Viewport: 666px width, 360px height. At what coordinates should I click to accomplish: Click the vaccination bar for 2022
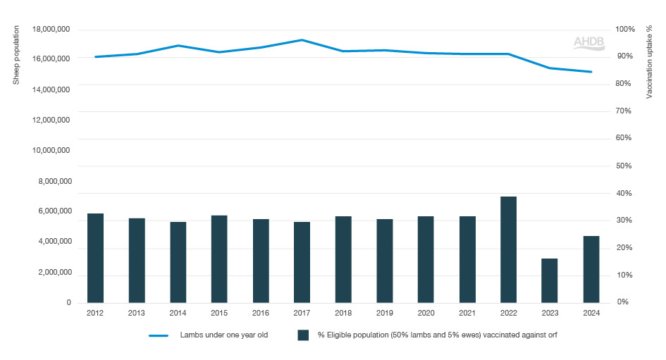[x=508, y=249]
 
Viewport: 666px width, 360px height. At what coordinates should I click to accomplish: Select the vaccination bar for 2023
[x=550, y=280]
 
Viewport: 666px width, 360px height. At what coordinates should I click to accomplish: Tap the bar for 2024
[x=591, y=269]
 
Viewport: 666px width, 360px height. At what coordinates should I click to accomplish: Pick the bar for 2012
[x=96, y=258]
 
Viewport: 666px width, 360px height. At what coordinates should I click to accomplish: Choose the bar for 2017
[x=302, y=262]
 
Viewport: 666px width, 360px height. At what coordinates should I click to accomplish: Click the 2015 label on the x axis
[x=218, y=314]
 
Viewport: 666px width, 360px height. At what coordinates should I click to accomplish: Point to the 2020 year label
[x=425, y=314]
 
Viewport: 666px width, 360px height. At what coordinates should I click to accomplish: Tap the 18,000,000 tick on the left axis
[x=51, y=30]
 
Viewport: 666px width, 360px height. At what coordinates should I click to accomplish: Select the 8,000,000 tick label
[x=53, y=182]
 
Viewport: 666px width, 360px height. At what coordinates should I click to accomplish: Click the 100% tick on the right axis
[x=626, y=30]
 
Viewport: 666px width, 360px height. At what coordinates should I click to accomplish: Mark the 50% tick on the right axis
[x=624, y=166]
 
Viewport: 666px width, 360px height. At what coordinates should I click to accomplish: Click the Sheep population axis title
[x=16, y=55]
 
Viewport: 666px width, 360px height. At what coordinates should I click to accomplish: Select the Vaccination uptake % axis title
[x=650, y=63]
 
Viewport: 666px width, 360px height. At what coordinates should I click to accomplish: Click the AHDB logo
[x=588, y=43]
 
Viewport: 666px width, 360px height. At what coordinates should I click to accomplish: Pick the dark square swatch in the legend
[x=304, y=335]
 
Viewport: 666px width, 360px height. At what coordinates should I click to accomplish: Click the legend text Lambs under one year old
[x=223, y=335]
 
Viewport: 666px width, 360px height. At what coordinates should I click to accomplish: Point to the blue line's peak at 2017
[x=302, y=40]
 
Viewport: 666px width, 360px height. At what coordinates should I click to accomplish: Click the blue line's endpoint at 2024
[x=591, y=72]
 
